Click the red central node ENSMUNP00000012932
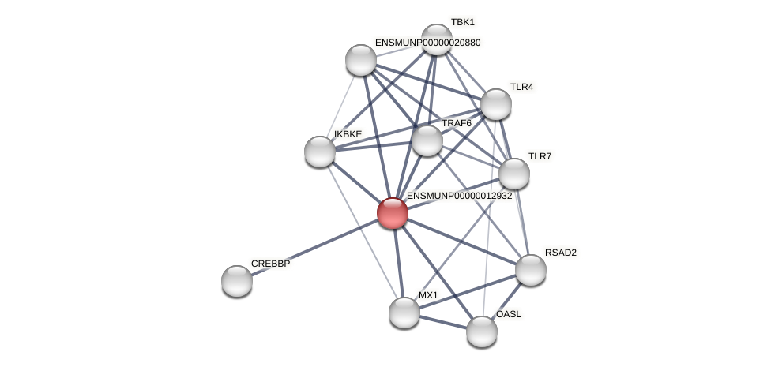(393, 213)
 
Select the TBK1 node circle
(436, 39)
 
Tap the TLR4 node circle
(496, 104)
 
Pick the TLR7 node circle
(514, 174)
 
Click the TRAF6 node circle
(427, 140)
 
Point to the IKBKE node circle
(320, 152)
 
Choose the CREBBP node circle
(237, 281)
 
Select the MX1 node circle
(404, 313)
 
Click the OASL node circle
(482, 331)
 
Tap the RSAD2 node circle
(531, 270)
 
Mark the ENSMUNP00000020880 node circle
(361, 60)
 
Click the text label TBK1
(462, 22)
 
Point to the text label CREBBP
(270, 264)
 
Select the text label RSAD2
(560, 253)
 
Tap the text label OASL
(508, 314)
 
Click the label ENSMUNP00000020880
(427, 43)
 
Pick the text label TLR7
(540, 156)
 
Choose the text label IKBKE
(348, 134)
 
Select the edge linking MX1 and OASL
(443, 322)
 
